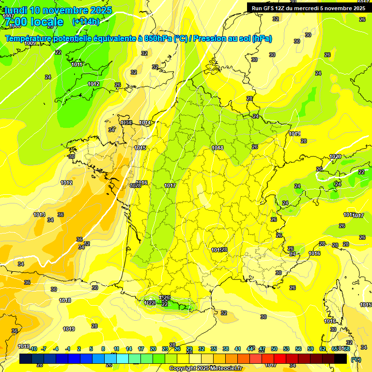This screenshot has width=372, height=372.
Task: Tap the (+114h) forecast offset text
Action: [x=86, y=21]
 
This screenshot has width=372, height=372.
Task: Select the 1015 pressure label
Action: [x=140, y=148]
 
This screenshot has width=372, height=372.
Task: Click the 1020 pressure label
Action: [x=335, y=156]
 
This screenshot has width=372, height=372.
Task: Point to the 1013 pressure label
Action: [x=39, y=215]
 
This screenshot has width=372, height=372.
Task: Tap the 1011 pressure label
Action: [x=77, y=64]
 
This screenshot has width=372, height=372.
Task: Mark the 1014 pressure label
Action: [x=145, y=123]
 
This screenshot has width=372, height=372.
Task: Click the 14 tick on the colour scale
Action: [x=129, y=349]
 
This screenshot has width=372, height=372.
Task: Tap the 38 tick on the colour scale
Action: [x=226, y=349]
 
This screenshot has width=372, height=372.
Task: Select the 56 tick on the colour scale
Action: [x=298, y=349]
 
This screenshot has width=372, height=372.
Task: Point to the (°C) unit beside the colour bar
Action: [x=356, y=359]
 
